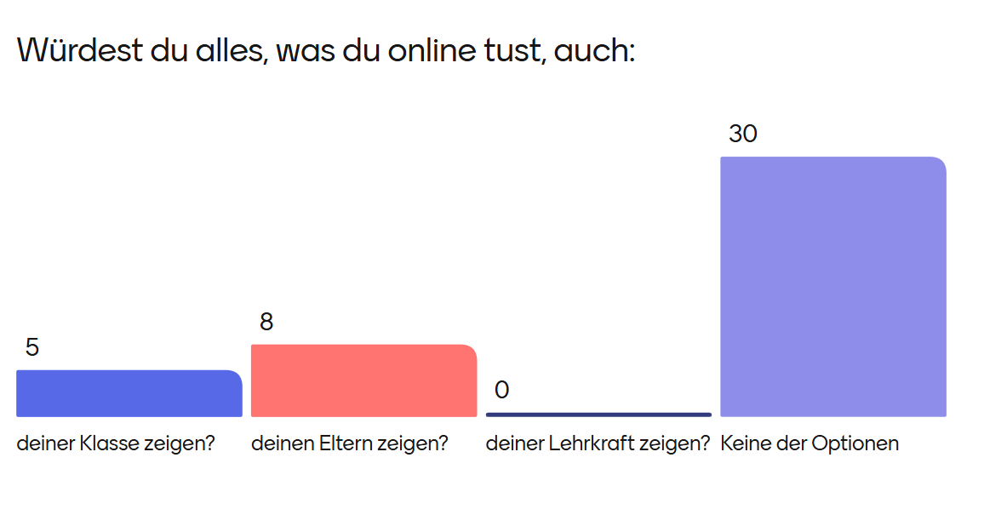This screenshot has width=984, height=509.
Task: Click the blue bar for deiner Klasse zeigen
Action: (129, 393)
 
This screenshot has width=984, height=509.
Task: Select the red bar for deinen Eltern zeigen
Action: (363, 380)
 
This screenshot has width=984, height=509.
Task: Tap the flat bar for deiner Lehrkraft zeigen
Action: (598, 415)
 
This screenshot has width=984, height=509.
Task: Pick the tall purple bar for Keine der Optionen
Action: (832, 287)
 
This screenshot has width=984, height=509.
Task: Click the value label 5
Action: (32, 347)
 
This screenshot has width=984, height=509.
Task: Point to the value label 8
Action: (266, 322)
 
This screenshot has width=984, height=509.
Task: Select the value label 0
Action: (501, 390)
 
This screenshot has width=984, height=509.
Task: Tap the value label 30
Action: (742, 134)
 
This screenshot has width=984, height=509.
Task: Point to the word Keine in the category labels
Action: (741, 443)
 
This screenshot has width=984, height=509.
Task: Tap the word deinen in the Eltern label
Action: (281, 443)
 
